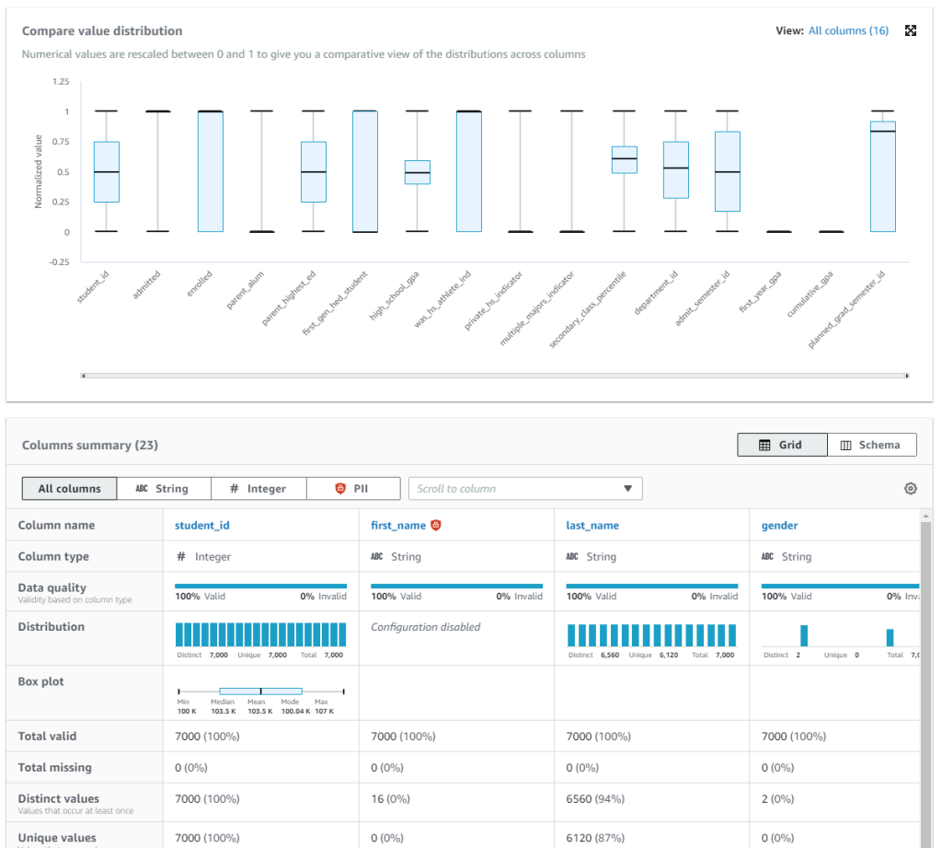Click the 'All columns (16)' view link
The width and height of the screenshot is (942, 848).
[848, 30]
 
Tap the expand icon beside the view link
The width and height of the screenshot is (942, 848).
[911, 30]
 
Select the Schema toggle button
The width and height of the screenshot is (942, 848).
[871, 445]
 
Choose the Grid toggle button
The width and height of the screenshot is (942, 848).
[782, 445]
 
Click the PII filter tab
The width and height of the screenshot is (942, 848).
[353, 489]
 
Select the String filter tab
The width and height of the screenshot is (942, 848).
[163, 489]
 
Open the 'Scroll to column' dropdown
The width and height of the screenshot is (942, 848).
[525, 489]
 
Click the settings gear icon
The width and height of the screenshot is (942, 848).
[911, 489]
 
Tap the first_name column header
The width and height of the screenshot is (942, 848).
[398, 526]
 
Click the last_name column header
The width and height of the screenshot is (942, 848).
[592, 526]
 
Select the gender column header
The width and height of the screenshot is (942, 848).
[779, 526]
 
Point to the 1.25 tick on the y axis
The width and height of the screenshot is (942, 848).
[60, 82]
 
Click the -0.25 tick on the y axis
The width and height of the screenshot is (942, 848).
[58, 261]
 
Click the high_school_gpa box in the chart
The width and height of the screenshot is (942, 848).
[418, 172]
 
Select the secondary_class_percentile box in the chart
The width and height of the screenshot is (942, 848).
[625, 159]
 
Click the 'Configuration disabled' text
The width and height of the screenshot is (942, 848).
[425, 627]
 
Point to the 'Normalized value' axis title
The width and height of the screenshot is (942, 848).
[39, 171]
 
